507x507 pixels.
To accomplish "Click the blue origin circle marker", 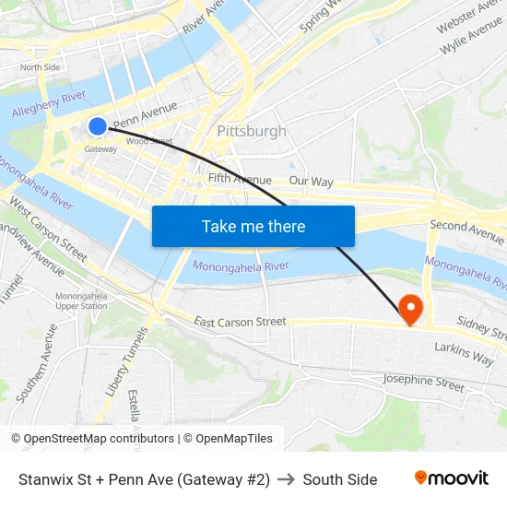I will pyautogui.click(x=98, y=125).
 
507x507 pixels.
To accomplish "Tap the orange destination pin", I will pyautogui.click(x=409, y=308).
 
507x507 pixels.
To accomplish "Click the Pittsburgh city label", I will pyautogui.click(x=252, y=131).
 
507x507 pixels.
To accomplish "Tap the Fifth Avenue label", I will pyautogui.click(x=240, y=179).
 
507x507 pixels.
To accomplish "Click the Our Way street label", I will pyautogui.click(x=311, y=182).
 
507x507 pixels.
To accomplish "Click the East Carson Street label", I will pyautogui.click(x=240, y=322).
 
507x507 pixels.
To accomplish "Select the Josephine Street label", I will pyautogui.click(x=424, y=382).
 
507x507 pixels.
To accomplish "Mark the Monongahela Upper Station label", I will pyautogui.click(x=81, y=301).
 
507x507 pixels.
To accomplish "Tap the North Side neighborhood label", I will pyautogui.click(x=40, y=67).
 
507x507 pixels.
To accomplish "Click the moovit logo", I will pyautogui.click(x=452, y=478).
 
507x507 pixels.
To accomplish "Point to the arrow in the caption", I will pyautogui.click(x=286, y=479).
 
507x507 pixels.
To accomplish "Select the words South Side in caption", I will pyautogui.click(x=339, y=479).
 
